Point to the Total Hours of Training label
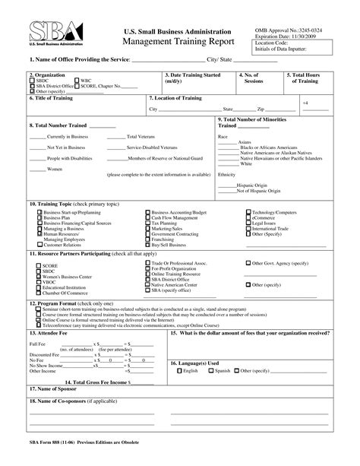click(308, 79)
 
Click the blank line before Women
click(37, 169)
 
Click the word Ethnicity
click(227, 174)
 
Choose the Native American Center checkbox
click(147, 284)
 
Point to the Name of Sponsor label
click(58, 389)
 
